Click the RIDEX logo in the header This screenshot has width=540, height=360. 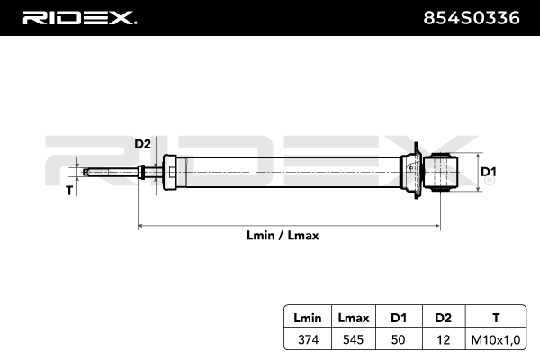78,18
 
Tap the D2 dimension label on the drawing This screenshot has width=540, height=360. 142,144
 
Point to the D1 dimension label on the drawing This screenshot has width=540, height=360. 489,172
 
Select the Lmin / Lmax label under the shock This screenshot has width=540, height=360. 283,236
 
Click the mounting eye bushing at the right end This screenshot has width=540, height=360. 443,171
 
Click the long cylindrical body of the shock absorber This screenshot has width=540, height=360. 288,171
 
